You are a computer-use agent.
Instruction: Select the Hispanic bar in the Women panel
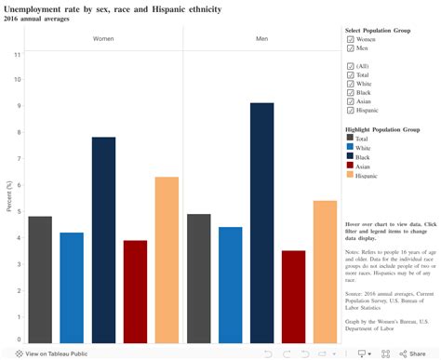point(167,260)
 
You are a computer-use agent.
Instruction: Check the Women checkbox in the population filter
point(351,40)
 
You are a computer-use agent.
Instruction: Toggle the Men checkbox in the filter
point(351,48)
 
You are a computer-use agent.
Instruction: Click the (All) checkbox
point(351,67)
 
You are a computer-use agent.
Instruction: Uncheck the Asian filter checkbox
point(351,100)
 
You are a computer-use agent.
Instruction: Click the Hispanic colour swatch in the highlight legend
point(351,175)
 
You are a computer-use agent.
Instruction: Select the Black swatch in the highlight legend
point(351,156)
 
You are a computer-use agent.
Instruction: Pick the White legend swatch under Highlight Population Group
point(351,147)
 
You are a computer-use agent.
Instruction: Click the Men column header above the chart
point(262,39)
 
